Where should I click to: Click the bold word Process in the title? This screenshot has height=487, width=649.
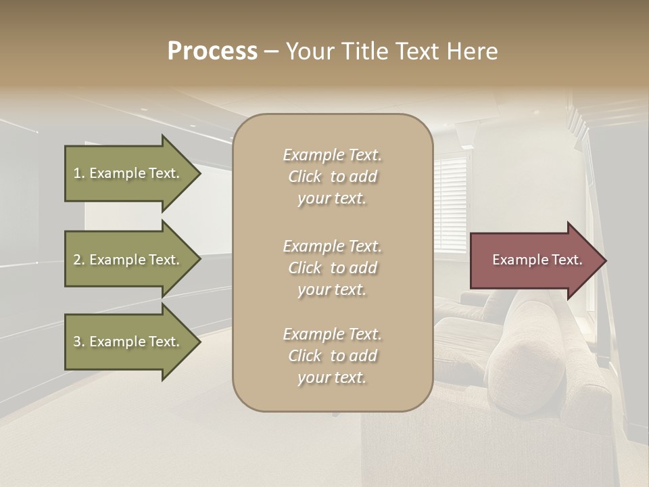coord(212,51)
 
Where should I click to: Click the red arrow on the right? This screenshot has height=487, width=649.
coord(534,260)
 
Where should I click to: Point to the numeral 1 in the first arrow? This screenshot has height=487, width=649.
coord(77,174)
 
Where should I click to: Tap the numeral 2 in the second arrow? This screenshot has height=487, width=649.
coord(77,260)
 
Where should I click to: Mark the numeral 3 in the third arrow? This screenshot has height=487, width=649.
coord(77,342)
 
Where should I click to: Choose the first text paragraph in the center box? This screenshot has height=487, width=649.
coord(332,177)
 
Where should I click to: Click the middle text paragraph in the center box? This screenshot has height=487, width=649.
coord(332,267)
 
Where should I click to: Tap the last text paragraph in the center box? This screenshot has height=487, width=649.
coord(332,356)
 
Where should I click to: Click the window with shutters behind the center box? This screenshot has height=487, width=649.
coord(451,203)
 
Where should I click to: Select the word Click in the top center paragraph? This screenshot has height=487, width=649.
coord(305,177)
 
